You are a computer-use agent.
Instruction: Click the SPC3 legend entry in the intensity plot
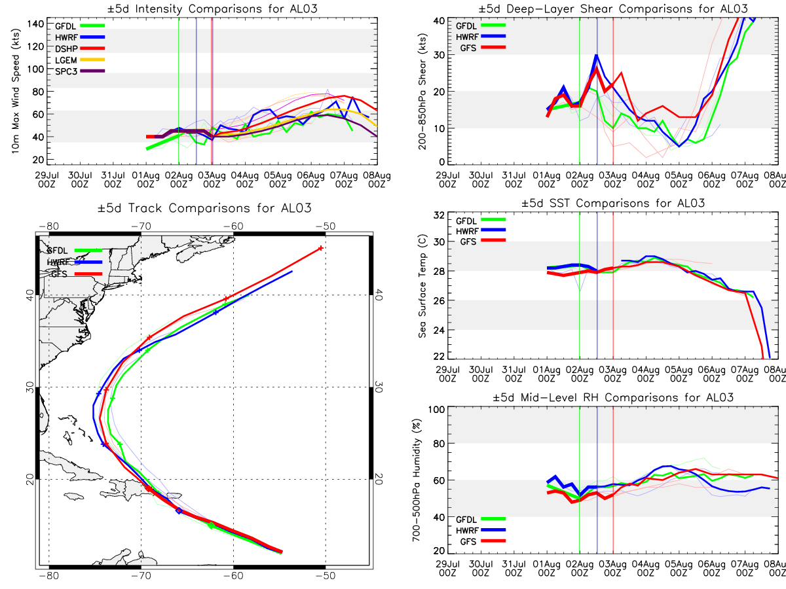coord(80,71)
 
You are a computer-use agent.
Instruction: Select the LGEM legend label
coord(66,60)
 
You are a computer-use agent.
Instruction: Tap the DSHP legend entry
coord(80,48)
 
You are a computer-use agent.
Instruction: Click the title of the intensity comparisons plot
coord(212,9)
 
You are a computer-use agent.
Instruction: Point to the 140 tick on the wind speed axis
coord(35,24)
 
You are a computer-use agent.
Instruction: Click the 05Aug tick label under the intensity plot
coord(278,180)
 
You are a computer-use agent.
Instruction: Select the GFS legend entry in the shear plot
coord(482,48)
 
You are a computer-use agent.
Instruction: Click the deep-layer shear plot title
coord(613,9)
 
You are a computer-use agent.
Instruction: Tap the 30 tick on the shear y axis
coord(439,55)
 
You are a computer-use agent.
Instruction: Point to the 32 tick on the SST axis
coord(439,215)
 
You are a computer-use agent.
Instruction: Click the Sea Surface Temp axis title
coord(422,286)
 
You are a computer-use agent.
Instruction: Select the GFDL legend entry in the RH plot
coord(481,519)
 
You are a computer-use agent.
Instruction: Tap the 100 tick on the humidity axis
coord(437,410)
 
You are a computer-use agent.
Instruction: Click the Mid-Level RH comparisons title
coord(613,398)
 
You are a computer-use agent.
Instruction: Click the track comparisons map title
coord(204,207)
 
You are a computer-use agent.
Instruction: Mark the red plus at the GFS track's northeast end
coord(321,248)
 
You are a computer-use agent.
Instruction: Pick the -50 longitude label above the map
coord(326,226)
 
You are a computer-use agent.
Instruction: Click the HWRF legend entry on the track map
coord(75,262)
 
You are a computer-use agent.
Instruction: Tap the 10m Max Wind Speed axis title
coord(15,91)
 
